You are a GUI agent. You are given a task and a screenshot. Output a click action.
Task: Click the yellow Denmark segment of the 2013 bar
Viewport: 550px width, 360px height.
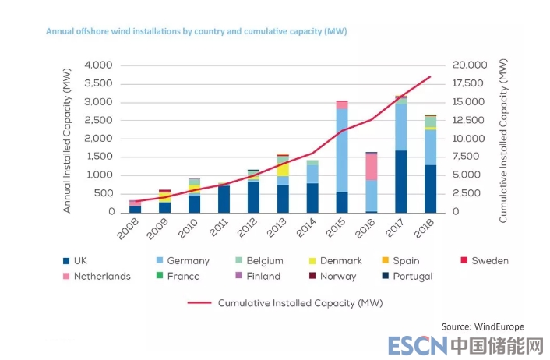coord(283,169)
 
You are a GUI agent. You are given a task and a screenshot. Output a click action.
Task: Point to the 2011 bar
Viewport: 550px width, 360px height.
coord(224,199)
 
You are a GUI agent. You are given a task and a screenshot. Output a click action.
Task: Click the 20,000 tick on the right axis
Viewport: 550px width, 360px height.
coord(470,65)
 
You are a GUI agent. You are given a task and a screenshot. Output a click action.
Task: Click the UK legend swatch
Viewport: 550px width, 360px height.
coord(65,261)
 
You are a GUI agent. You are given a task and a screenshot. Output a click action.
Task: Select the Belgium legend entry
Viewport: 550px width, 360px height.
coord(261,261)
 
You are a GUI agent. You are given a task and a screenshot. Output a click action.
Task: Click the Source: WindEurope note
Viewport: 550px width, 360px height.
coord(482,326)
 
